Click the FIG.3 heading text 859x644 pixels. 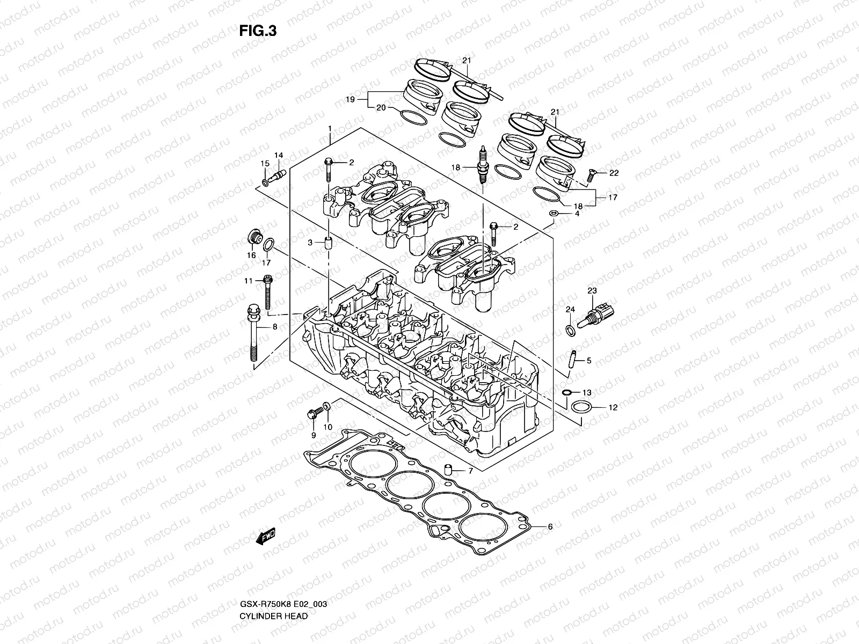258,31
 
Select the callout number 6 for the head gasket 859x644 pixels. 550,527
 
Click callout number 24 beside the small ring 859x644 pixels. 570,310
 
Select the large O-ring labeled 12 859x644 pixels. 581,407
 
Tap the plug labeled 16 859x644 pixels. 253,238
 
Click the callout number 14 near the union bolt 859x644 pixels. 278,156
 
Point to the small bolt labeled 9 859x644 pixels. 313,413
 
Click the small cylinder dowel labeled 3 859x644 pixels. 326,242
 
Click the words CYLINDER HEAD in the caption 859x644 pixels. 274,586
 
